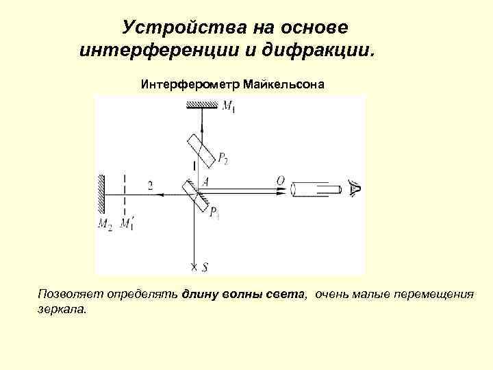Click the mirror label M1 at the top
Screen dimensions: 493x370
coord(229,106)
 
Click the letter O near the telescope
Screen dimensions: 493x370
coord(280,181)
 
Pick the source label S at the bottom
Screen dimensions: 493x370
coord(205,268)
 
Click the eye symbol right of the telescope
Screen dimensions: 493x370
coord(354,187)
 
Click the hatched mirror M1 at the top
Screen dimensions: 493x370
coord(202,104)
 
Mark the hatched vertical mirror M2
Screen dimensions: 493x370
coord(101,194)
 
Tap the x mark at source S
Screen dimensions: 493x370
coord(194,267)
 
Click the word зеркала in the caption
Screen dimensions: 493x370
coord(62,309)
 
